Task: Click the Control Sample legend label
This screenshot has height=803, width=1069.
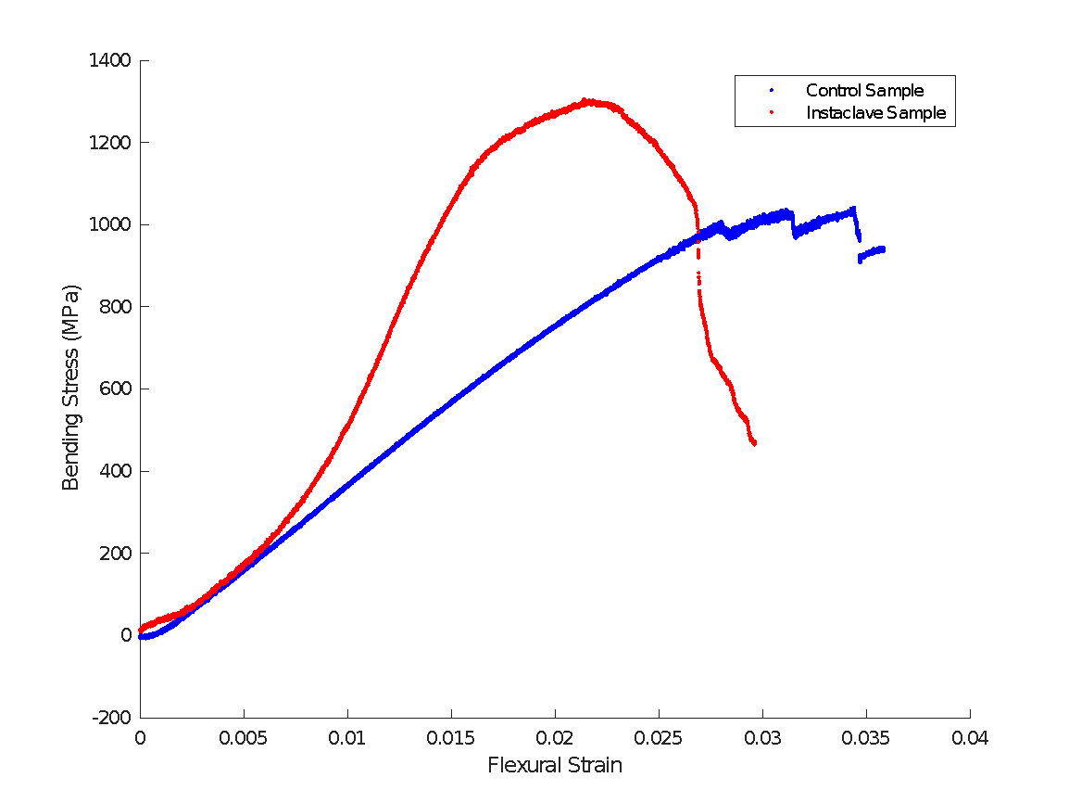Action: tap(864, 91)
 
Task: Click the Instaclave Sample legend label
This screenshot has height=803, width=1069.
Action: tap(875, 113)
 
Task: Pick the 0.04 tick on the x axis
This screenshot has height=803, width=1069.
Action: tap(970, 738)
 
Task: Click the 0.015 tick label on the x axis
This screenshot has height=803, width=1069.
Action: tap(451, 738)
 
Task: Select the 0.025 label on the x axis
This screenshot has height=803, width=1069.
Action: tap(659, 738)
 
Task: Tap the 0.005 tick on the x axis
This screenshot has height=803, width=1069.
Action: tap(244, 738)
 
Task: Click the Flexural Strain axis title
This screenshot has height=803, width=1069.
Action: tap(555, 766)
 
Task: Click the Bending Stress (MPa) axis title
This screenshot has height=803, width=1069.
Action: tap(71, 388)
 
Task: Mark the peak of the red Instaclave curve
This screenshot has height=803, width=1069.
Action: tap(585, 100)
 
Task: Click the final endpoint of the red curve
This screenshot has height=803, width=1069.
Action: tap(755, 443)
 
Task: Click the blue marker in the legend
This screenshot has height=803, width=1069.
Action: tap(772, 91)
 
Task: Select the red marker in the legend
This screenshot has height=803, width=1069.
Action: tap(772, 113)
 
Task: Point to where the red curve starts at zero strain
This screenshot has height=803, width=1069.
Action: tap(141, 630)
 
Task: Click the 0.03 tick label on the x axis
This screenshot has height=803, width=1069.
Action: tap(762, 738)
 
